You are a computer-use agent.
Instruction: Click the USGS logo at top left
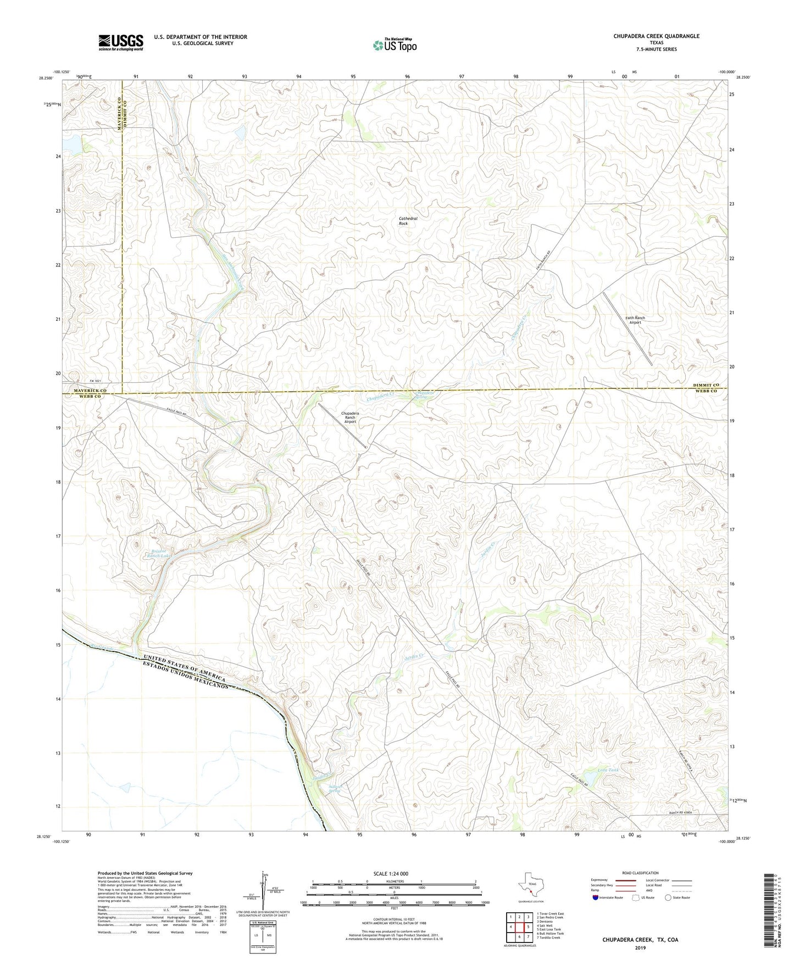[x=121, y=42]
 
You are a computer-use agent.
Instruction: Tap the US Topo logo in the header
[x=395, y=45]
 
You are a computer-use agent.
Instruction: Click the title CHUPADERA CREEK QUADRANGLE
[x=656, y=36]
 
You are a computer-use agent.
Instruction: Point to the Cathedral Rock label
[x=408, y=221]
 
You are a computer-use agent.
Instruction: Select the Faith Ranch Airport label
[x=635, y=320]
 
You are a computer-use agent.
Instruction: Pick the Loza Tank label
[x=608, y=771]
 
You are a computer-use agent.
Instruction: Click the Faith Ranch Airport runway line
[x=628, y=328]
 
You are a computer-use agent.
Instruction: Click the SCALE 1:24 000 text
[x=390, y=874]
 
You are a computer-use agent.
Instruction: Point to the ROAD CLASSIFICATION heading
[x=640, y=873]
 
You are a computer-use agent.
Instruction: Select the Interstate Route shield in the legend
[x=596, y=897]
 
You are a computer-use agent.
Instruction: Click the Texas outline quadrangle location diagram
[x=531, y=885]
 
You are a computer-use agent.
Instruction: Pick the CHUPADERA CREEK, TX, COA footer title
[x=640, y=940]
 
